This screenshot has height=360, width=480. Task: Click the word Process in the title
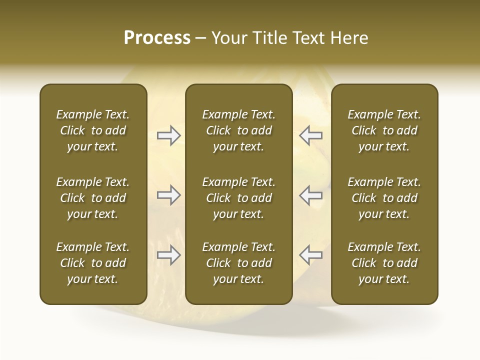tap(157, 38)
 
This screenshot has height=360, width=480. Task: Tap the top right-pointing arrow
tap(169, 135)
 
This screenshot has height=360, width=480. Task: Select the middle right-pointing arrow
tap(169, 195)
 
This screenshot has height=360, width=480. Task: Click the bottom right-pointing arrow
tap(169, 255)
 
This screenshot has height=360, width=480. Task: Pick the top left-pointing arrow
tap(310, 135)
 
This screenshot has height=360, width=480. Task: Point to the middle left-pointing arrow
tap(310, 195)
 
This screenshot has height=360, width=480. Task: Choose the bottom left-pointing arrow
tap(310, 255)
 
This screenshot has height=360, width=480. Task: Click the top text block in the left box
tap(93, 130)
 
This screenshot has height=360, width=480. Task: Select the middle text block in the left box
tap(93, 198)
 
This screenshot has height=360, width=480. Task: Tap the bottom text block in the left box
tap(93, 263)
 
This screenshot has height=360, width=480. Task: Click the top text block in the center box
tap(238, 130)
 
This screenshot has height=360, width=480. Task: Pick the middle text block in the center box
tap(238, 198)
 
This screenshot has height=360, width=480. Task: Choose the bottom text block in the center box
tap(238, 263)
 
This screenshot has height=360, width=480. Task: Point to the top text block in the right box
tap(384, 130)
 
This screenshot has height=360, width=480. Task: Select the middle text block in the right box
tap(384, 198)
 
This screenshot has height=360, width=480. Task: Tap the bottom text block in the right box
tap(384, 263)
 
